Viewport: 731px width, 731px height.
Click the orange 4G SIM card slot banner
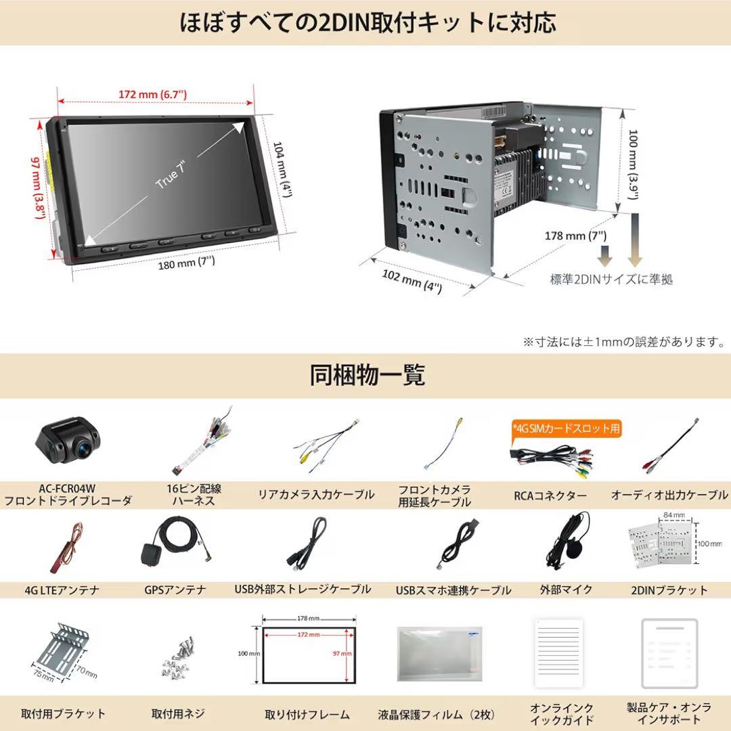pos(566,428)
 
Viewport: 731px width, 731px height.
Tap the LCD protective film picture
pos(439,654)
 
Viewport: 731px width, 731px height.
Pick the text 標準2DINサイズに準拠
pos(611,279)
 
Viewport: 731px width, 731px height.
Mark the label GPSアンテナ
pos(175,590)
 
